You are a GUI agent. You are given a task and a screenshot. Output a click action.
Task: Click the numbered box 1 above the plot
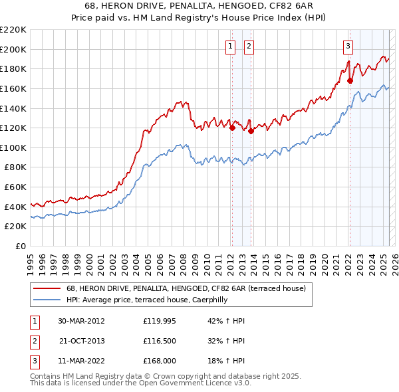coord(230,46)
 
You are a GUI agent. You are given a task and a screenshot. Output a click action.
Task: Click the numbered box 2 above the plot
coord(249,46)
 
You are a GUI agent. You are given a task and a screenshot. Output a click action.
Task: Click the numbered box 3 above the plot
coord(348,46)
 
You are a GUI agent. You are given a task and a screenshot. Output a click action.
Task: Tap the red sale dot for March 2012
coord(232,128)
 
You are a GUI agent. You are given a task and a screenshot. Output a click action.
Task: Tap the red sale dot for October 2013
coord(251,132)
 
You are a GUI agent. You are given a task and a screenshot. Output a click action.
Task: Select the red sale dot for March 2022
coord(350,81)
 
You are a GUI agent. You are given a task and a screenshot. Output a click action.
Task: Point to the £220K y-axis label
coord(13,30)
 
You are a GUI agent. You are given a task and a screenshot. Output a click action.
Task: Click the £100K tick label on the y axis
coord(13,147)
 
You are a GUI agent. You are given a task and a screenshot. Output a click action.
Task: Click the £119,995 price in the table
coord(159,321)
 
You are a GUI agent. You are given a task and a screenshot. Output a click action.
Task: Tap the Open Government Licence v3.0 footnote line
coord(140,383)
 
